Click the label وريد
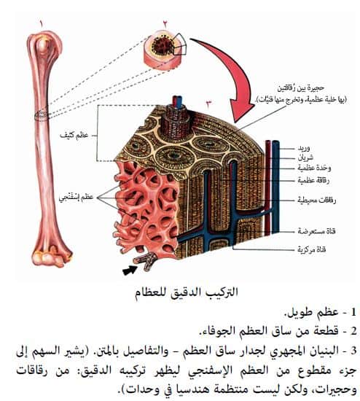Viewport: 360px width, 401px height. point(303,149)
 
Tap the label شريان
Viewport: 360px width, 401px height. point(305,158)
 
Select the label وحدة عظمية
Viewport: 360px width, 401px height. point(314,168)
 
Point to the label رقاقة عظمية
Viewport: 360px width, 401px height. point(313,181)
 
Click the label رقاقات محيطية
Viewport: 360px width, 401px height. point(316,200)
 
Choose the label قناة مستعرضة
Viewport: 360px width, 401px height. point(316,231)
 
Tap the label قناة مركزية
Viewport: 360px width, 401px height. point(312,249)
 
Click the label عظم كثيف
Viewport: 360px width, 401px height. point(74,136)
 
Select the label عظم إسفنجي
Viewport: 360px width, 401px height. point(77,198)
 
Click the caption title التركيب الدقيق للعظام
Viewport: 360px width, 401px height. point(187,292)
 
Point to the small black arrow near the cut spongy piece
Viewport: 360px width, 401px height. point(130,270)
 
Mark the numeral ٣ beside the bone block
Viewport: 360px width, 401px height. point(208,104)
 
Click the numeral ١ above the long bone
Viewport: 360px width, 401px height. point(41,23)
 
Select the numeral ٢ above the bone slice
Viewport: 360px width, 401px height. point(165,24)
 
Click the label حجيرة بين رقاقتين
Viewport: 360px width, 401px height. point(301,88)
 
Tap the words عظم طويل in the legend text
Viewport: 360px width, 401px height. point(311,313)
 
